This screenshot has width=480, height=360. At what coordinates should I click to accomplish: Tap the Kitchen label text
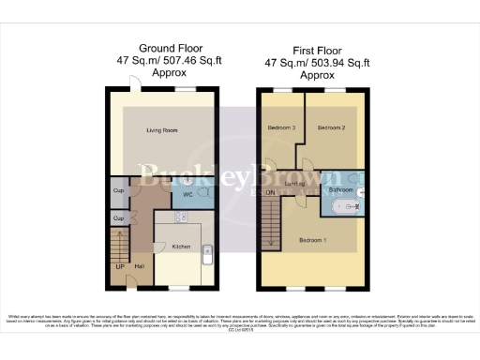coord(182,247)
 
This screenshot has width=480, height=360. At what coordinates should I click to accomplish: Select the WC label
coord(188,195)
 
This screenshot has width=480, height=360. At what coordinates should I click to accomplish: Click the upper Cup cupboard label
coord(119,191)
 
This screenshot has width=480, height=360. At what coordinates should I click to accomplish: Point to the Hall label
coord(139,267)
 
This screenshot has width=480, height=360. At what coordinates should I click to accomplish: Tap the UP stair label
coord(120,267)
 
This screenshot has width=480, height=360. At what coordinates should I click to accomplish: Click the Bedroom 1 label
coord(312,240)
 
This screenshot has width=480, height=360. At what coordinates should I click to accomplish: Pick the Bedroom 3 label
coord(281,127)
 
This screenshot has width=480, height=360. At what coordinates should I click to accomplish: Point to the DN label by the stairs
coord(271,193)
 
